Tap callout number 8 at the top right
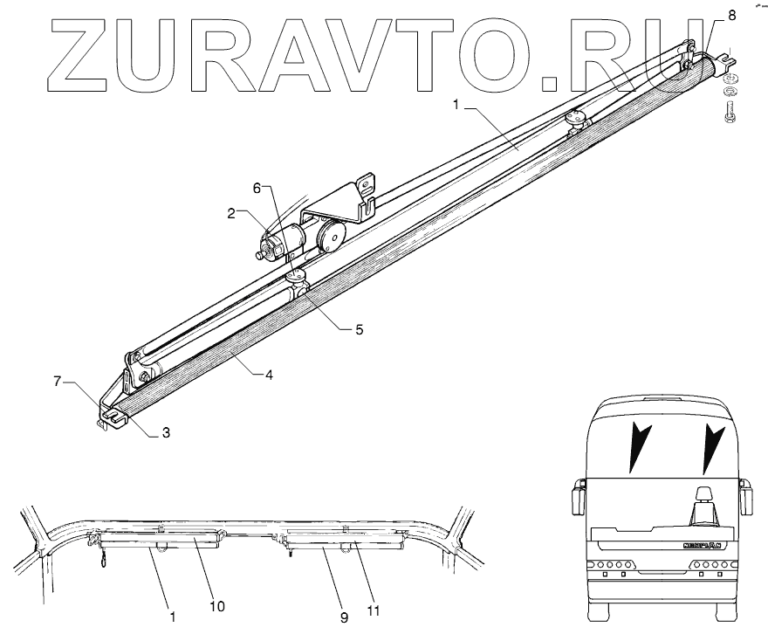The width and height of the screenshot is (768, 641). click(730, 14)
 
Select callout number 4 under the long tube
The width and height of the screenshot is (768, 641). click(270, 375)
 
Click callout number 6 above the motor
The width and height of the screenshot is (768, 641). click(256, 188)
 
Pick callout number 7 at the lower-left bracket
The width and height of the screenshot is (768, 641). click(58, 383)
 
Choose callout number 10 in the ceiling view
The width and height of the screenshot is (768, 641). click(216, 605)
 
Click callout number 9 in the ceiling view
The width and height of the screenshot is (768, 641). click(344, 617)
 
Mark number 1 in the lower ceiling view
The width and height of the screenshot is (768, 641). click(173, 617)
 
